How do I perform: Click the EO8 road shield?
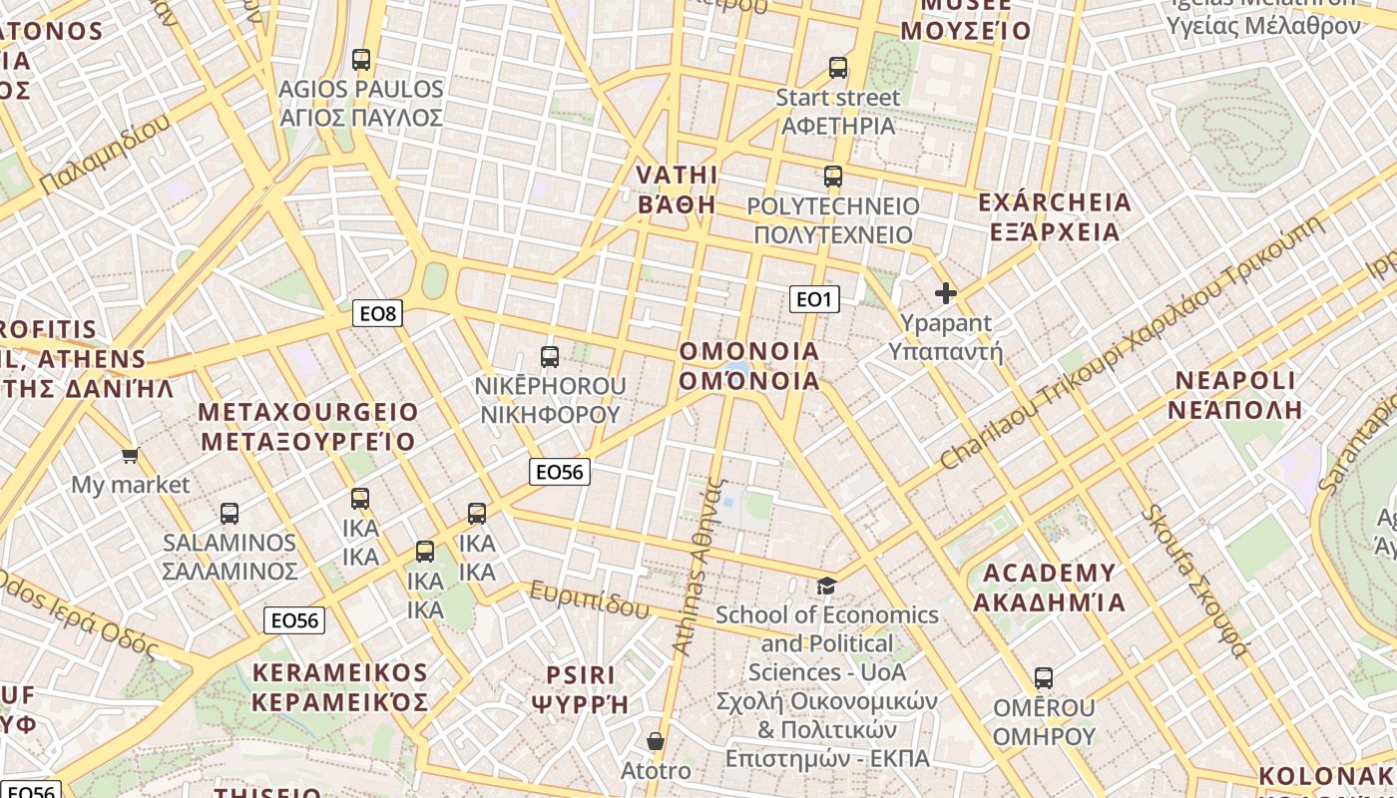(378, 314)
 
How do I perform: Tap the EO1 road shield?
(814, 298)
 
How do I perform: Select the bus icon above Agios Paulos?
(361, 60)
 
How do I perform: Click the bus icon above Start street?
(838, 68)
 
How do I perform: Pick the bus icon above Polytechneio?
(833, 177)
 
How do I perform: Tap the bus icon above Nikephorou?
(549, 356)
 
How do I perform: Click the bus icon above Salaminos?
(230, 514)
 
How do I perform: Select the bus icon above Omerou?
(1044, 678)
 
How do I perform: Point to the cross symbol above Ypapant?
(945, 293)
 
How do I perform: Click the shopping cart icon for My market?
(130, 456)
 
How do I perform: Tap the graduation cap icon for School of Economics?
(827, 586)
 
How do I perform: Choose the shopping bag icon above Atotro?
(656, 741)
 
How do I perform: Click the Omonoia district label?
(748, 366)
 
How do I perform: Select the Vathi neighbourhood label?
(678, 190)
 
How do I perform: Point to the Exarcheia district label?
(1055, 217)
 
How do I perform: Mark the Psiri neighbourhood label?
(582, 689)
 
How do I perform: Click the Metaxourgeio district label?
(308, 426)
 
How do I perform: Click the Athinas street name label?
(698, 567)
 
